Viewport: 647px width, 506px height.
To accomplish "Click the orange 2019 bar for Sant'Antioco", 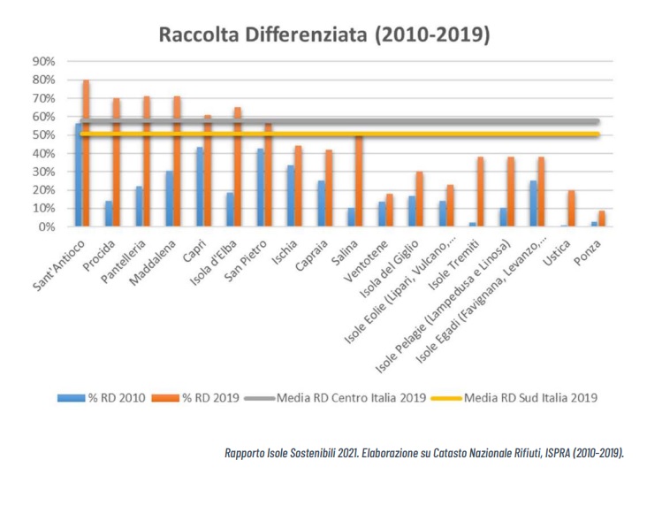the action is click(87, 153).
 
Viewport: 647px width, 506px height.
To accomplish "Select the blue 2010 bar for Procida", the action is click(109, 213).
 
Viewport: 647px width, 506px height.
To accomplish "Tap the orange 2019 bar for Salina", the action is click(359, 180).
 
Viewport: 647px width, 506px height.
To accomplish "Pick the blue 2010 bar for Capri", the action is click(200, 187).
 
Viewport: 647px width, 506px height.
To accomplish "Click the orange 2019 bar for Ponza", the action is click(602, 218).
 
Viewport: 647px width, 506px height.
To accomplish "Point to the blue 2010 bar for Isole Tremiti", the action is click(473, 225).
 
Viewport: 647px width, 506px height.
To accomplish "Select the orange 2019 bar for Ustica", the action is click(572, 208).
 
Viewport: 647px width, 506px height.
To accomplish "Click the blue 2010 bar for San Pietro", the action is click(261, 188).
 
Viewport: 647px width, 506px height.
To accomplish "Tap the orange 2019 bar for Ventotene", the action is click(390, 211).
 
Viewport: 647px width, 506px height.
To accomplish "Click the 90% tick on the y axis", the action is click(43, 62).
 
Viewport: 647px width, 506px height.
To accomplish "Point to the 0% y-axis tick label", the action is click(47, 226).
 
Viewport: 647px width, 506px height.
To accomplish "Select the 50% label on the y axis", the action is click(43, 135).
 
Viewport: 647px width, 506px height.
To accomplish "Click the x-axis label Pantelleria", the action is click(124, 262).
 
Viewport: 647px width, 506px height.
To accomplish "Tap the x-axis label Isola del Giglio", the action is click(389, 269).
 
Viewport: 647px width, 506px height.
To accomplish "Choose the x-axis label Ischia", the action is click(285, 252).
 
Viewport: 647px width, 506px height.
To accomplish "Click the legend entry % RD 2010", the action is click(102, 398).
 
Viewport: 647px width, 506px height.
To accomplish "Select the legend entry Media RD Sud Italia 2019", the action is click(514, 398).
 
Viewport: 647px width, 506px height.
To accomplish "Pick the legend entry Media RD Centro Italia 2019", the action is click(335, 398).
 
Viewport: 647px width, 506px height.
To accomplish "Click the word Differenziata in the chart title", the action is click(306, 34).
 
